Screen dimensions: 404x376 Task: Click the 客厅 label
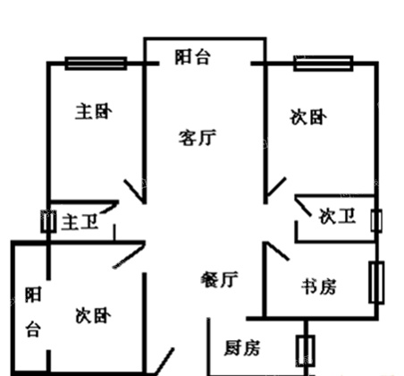(198, 138)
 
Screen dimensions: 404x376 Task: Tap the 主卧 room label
(94, 112)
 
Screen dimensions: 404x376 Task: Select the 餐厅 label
(219, 279)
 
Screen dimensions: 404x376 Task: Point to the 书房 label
(319, 286)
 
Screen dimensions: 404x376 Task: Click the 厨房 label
(242, 347)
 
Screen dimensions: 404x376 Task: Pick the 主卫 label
(80, 222)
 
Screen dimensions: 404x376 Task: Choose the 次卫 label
(337, 216)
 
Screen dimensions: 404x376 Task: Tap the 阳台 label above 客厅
(193, 57)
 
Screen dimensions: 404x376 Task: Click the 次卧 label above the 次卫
(308, 117)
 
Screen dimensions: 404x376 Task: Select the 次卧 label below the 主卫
(93, 316)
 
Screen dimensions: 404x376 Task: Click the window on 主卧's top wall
(96, 64)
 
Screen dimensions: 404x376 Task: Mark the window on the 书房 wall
(376, 282)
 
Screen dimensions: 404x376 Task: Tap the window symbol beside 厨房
(305, 351)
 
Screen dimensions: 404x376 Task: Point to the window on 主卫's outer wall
(48, 221)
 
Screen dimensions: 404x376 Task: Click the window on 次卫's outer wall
(376, 221)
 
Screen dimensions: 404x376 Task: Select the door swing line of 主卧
(134, 191)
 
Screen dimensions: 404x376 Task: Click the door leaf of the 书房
(277, 251)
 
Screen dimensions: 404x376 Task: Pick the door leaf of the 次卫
(303, 206)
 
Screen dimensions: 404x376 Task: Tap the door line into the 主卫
(109, 207)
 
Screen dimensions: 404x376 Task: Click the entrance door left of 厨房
(164, 361)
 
